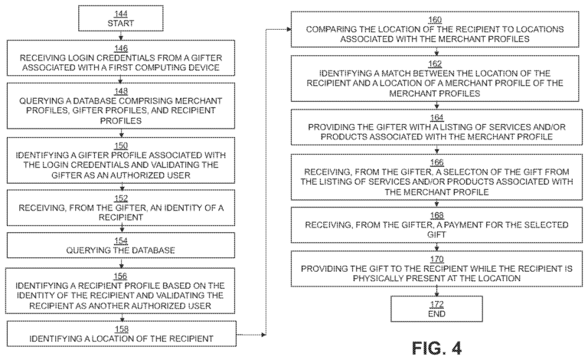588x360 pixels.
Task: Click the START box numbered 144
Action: click(x=120, y=19)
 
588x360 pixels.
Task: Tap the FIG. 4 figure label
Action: click(x=436, y=348)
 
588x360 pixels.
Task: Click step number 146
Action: click(x=121, y=47)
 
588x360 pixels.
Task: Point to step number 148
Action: click(x=120, y=90)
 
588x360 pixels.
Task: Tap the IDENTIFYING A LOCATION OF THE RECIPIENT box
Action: click(x=120, y=333)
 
